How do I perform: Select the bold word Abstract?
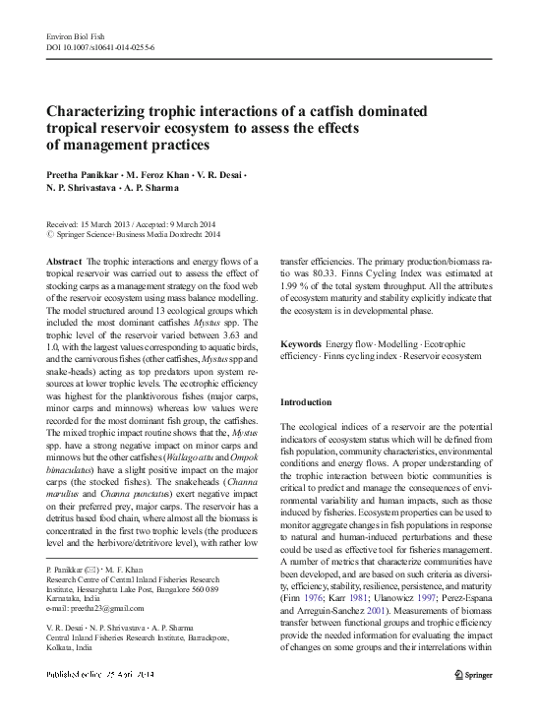[x=64, y=260]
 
